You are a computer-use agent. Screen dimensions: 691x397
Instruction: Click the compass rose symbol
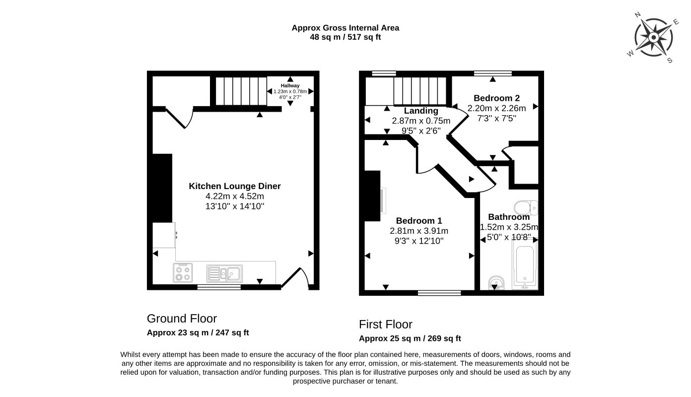653,37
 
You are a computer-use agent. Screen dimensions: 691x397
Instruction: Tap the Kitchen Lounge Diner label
235,186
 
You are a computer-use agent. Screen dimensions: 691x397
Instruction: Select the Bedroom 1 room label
419,220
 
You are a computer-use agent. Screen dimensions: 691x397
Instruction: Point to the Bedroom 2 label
496,98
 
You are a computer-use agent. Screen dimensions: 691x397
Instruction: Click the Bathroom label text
509,217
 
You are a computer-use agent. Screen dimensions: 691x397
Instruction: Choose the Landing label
421,111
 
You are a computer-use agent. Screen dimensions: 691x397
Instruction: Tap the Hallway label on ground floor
290,86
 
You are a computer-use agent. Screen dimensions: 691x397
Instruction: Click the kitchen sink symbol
224,273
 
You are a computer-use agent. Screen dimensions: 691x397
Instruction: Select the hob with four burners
183,272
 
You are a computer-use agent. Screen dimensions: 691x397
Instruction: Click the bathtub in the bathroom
525,264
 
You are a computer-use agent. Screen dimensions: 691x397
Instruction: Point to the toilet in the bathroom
526,207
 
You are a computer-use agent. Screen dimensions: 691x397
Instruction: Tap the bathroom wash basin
496,283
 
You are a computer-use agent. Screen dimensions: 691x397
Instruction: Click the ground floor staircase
241,91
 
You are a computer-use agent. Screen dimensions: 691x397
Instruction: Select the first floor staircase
420,91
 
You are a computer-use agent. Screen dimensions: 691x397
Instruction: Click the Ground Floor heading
182,319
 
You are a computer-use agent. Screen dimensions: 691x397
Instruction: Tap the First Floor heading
386,325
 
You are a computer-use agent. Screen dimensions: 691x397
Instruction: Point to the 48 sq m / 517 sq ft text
345,37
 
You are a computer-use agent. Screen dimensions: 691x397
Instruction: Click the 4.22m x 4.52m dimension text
235,196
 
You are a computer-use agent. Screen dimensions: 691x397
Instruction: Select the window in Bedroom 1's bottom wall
439,293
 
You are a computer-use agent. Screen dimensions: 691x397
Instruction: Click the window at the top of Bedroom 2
492,73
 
